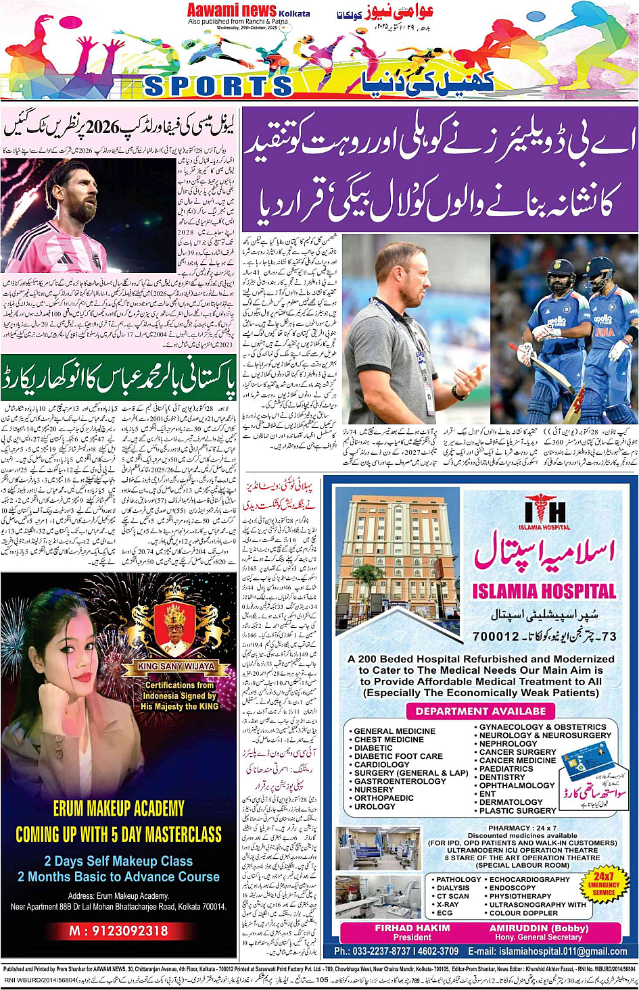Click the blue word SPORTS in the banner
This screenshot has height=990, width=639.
218,86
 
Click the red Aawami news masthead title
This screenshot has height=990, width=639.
232,11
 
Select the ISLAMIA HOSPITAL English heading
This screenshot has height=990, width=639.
544,592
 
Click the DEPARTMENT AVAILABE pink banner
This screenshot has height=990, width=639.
480,711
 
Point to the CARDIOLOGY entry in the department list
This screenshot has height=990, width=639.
382,765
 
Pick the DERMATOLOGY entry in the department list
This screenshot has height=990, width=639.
511,802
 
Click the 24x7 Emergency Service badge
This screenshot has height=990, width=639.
603,883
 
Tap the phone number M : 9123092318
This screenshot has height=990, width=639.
118,931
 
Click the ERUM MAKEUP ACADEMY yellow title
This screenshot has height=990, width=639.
119,809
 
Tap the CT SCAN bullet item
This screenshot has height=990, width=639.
452,896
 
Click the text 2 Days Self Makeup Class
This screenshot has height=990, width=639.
118,861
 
